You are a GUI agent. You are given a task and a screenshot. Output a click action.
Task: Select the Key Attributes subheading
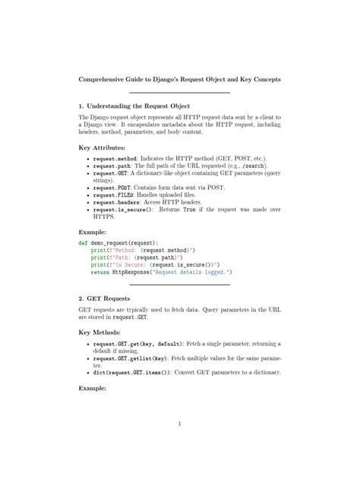[103, 147]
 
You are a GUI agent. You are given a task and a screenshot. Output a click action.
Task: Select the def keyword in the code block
[83, 242]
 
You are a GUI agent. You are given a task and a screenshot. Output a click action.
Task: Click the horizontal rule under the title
[180, 93]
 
